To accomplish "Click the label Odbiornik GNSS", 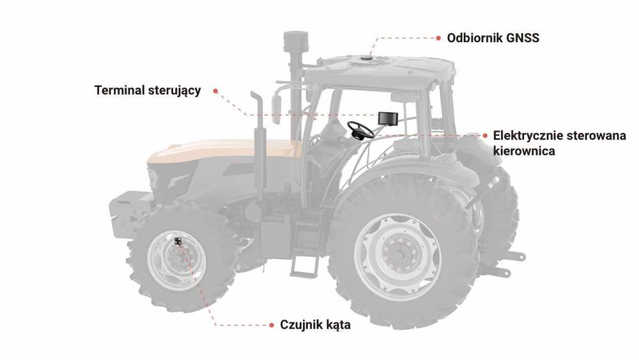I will [493, 38].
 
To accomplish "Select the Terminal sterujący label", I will [148, 90].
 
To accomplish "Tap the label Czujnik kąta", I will [316, 325].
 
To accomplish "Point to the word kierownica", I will [524, 152].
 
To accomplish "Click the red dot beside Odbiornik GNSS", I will [440, 38].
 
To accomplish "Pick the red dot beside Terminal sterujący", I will [215, 91].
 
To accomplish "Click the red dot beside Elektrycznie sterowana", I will [486, 136].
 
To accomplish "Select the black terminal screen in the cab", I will [388, 118].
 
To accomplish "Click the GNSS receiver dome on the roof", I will [369, 58].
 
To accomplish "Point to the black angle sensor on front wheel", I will [178, 242].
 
